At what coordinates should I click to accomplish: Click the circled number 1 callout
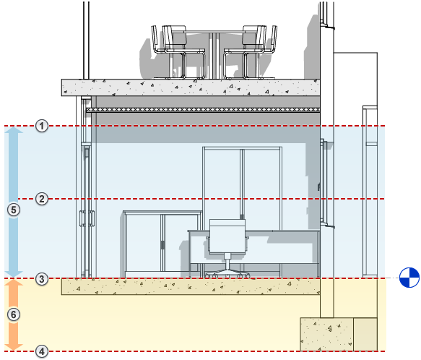click(43, 127)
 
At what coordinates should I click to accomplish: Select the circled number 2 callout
click(43, 199)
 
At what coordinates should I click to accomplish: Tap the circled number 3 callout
click(43, 278)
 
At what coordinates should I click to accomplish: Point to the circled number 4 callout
click(43, 351)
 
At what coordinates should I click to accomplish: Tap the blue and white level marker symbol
click(409, 275)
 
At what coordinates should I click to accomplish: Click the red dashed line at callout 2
click(217, 199)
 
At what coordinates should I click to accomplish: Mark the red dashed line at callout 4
click(217, 351)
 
